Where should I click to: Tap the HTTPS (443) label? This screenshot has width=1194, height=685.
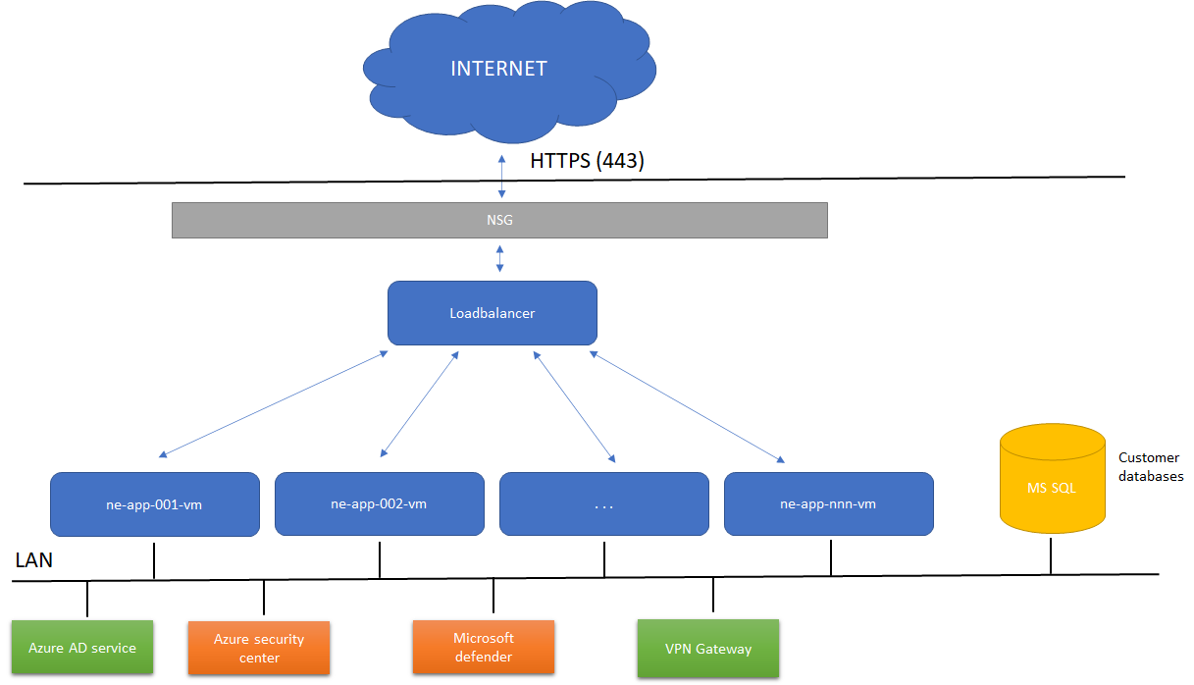(587, 161)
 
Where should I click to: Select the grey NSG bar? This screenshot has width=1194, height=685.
(499, 220)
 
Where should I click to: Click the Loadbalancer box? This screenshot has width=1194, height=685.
(493, 313)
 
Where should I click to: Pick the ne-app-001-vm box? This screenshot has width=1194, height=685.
(155, 504)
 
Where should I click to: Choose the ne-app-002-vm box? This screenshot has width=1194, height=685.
(379, 504)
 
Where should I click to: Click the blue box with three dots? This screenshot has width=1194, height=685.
(603, 504)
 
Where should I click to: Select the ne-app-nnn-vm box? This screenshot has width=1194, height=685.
(828, 504)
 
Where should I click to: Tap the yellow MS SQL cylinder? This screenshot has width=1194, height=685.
(1052, 486)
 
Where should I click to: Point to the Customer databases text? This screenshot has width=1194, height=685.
(1150, 467)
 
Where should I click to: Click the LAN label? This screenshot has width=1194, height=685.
(34, 561)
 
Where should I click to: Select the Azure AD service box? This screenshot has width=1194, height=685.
(82, 648)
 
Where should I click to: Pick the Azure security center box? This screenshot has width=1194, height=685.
(259, 648)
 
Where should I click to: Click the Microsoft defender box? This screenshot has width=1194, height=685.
(484, 648)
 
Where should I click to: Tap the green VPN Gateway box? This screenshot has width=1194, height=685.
(707, 648)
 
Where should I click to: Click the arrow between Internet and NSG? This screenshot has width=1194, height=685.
(502, 178)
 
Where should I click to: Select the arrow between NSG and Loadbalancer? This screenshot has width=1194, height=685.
(500, 259)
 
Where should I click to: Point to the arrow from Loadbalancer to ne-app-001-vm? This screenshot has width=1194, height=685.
(273, 403)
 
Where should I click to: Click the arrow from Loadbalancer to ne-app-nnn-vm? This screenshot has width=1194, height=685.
(687, 406)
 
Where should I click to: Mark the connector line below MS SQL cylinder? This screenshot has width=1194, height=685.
(1051, 556)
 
